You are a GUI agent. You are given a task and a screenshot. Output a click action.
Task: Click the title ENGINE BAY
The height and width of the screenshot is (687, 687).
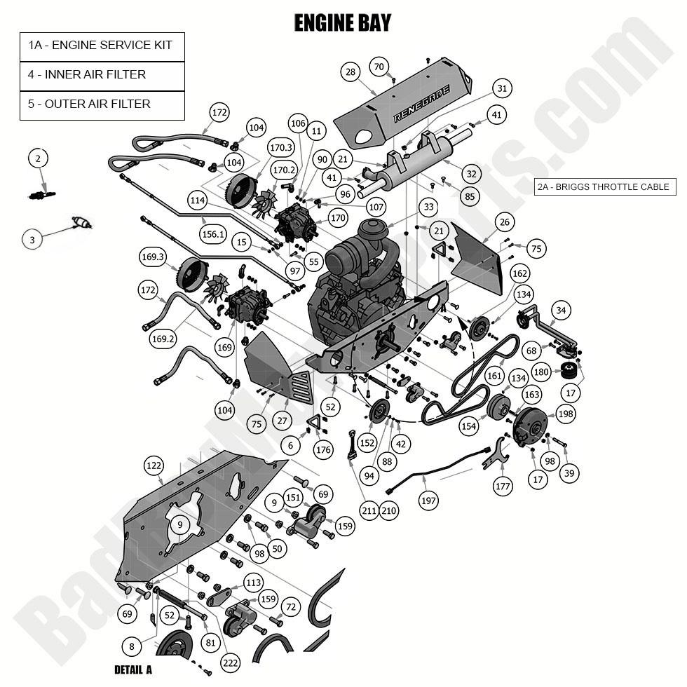(x=343, y=23)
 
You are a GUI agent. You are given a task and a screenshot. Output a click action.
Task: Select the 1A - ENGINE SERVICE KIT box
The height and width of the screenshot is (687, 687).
(x=102, y=46)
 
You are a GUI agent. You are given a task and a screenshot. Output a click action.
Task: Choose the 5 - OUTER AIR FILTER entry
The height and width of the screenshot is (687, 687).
(x=102, y=104)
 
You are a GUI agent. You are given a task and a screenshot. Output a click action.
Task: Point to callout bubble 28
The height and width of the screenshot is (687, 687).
(x=351, y=72)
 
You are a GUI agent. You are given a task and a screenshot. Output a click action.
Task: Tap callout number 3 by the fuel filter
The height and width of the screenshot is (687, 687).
(x=32, y=240)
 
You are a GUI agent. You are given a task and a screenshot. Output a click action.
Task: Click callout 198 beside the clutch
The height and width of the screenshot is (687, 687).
(x=566, y=414)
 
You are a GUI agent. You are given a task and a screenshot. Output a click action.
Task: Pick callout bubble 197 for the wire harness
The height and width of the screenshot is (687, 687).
(x=429, y=501)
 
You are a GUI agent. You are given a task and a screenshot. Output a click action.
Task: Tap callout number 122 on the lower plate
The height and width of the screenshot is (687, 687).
(x=154, y=466)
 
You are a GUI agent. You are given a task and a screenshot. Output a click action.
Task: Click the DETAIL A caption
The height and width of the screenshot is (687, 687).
(x=132, y=669)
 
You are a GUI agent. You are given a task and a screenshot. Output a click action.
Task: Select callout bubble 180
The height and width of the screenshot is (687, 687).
(x=541, y=372)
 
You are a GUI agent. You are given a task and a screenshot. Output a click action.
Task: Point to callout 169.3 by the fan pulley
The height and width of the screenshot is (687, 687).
(x=152, y=257)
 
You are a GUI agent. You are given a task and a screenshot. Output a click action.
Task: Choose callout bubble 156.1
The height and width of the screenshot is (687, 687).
(x=212, y=235)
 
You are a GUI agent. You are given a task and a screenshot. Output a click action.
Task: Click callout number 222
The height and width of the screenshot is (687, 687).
(x=230, y=662)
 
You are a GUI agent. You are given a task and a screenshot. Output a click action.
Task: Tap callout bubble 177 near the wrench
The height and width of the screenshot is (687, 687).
(x=503, y=484)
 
